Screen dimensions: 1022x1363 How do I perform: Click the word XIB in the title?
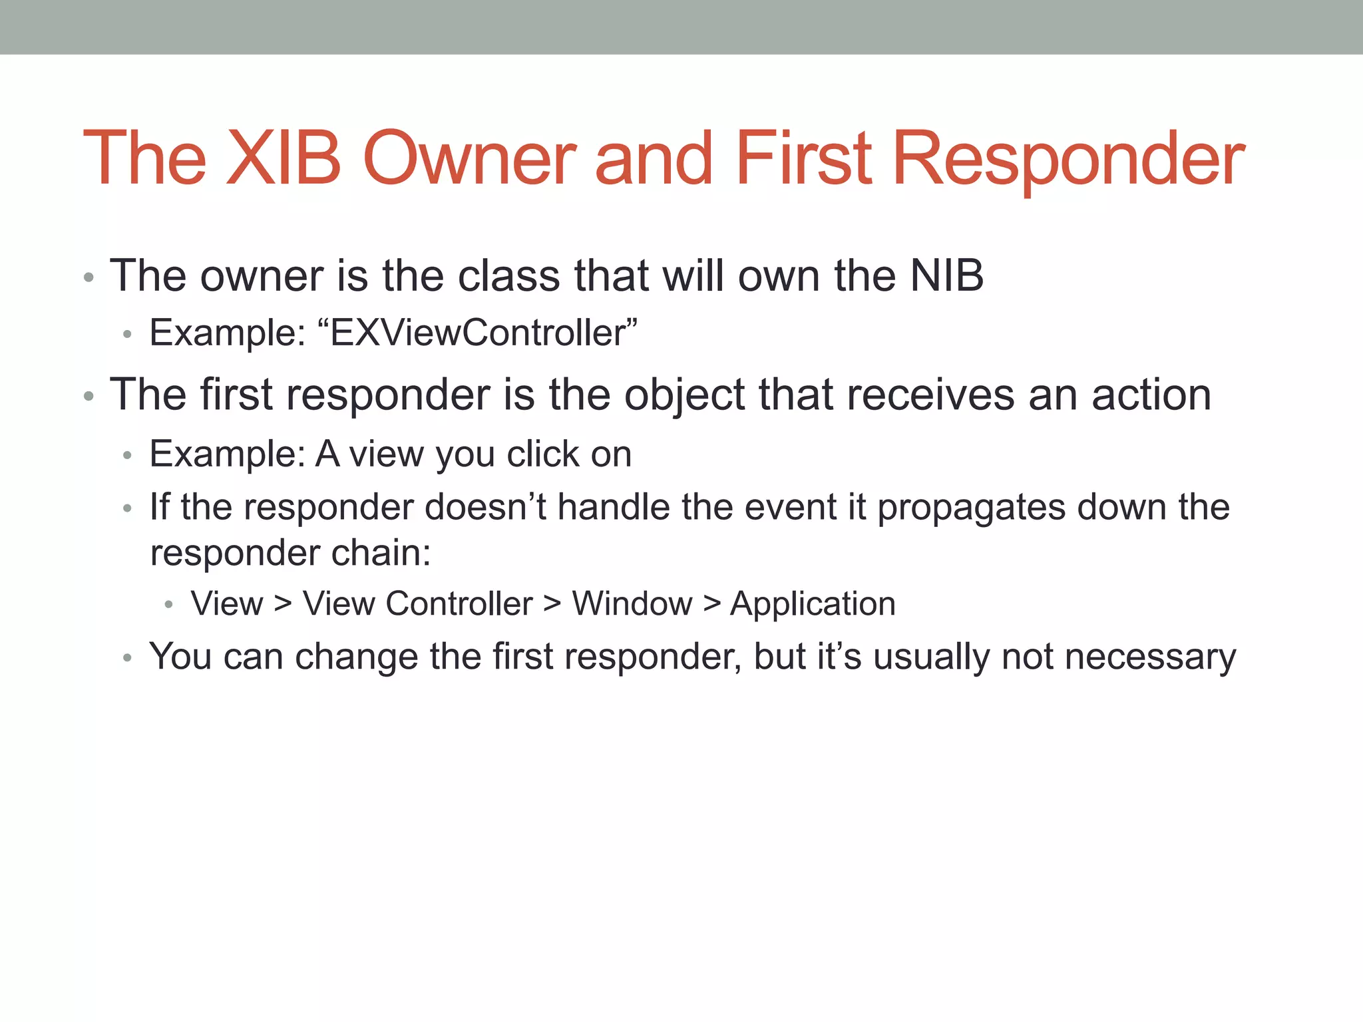pyautogui.click(x=284, y=158)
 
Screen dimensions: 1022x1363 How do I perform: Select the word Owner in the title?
pyautogui.click(x=470, y=158)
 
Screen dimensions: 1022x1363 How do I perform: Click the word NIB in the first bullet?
pyautogui.click(x=946, y=275)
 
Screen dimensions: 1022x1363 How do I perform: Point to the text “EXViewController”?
pyautogui.click(x=477, y=333)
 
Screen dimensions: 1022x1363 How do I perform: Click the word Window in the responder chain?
pyautogui.click(x=632, y=604)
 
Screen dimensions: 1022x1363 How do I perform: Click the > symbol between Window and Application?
pyautogui.click(x=711, y=604)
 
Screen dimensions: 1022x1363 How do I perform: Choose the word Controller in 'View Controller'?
pyautogui.click(x=459, y=604)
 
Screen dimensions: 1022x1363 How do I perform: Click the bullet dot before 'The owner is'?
pyautogui.click(x=89, y=277)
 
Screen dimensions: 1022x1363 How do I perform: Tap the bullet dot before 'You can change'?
pyautogui.click(x=128, y=659)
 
